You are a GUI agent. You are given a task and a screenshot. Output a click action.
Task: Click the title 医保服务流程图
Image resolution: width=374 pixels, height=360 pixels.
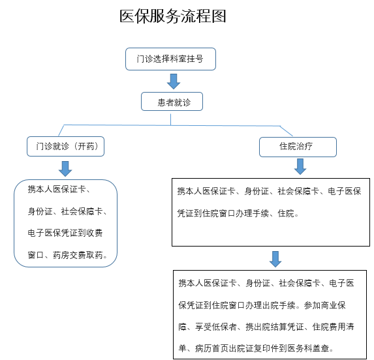point(173,16)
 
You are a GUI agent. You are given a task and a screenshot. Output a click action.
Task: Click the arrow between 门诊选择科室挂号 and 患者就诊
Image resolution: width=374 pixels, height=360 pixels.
point(174,82)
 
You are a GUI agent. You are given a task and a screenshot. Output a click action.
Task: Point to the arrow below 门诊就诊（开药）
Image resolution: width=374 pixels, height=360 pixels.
point(65,169)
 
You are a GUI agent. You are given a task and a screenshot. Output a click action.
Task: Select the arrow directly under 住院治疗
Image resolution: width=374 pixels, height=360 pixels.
point(300,166)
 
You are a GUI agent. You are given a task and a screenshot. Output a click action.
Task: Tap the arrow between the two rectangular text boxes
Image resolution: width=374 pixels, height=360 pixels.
point(275,259)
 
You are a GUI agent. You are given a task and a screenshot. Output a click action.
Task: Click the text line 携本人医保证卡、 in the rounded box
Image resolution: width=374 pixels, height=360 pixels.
point(59,189)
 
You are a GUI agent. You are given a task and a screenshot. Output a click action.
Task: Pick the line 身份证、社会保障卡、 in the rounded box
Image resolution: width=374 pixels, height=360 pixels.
point(67,211)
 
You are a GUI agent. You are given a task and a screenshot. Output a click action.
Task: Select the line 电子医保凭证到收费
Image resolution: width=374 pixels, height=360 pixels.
point(65,233)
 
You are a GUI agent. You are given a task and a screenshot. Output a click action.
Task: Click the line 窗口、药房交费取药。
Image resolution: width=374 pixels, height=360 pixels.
point(67,255)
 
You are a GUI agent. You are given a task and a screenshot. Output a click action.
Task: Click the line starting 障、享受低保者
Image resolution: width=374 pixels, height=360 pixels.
point(266,327)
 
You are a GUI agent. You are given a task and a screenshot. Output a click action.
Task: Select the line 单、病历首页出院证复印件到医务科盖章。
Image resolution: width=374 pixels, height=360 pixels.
point(256,348)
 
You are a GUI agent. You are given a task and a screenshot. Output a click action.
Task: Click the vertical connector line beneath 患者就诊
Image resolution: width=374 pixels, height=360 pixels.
point(171,119)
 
